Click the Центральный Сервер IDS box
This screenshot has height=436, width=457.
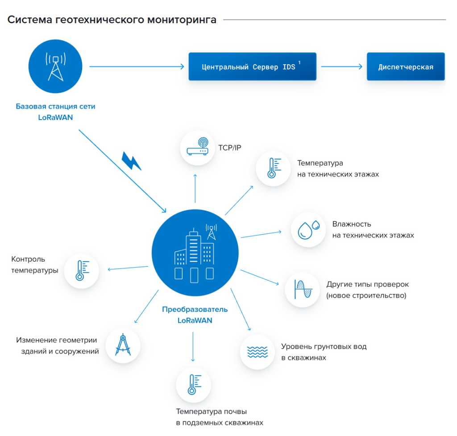pyautogui.click(x=252, y=67)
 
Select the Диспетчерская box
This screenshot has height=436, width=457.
pyautogui.click(x=406, y=67)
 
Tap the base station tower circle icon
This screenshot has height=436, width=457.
pyautogui.click(x=56, y=67)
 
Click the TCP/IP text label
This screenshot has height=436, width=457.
pyautogui.click(x=230, y=148)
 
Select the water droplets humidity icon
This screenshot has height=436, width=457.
pyautogui.click(x=308, y=230)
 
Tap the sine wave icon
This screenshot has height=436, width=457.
pyautogui.click(x=302, y=290)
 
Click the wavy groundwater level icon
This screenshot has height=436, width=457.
pyautogui.click(x=258, y=352)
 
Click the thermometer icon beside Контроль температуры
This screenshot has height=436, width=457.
pyautogui.click(x=81, y=270)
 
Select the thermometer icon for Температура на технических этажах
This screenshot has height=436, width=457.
pyautogui.click(x=273, y=168)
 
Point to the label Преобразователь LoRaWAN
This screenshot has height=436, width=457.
pyautogui.click(x=195, y=315)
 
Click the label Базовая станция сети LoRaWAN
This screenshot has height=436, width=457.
pyautogui.click(x=56, y=112)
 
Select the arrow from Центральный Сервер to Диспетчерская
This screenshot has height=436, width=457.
pyautogui.click(x=341, y=67)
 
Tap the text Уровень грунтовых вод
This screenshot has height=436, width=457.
pyautogui.click(x=324, y=347)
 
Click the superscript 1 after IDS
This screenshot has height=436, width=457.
pyautogui.click(x=299, y=63)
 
